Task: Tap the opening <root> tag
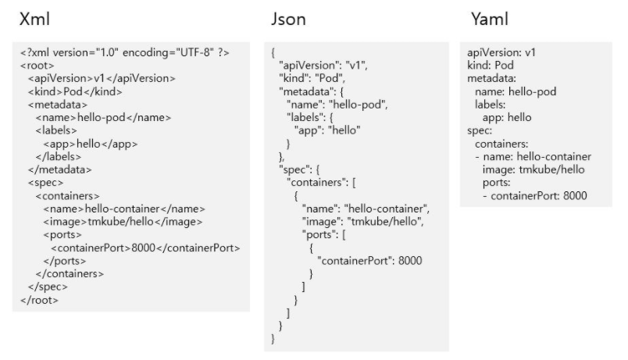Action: [37, 66]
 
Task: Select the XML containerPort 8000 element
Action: [145, 248]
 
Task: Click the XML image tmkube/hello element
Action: [123, 222]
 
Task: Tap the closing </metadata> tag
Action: [59, 169]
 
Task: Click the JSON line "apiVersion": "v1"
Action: [323, 66]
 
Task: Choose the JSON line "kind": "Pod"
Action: [311, 80]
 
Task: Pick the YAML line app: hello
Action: [507, 117]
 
